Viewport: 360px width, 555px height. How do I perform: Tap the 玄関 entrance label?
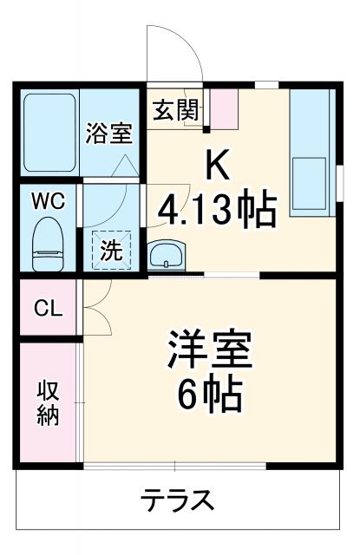click(x=176, y=110)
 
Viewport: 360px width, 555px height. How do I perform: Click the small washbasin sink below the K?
click(x=165, y=256)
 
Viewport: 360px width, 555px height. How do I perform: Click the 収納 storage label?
click(x=47, y=402)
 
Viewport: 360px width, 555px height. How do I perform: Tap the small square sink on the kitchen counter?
click(x=311, y=177)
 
